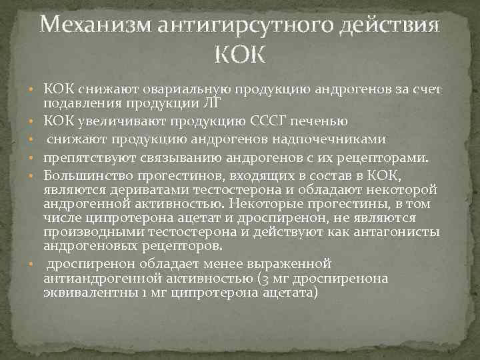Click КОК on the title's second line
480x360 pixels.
240,53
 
